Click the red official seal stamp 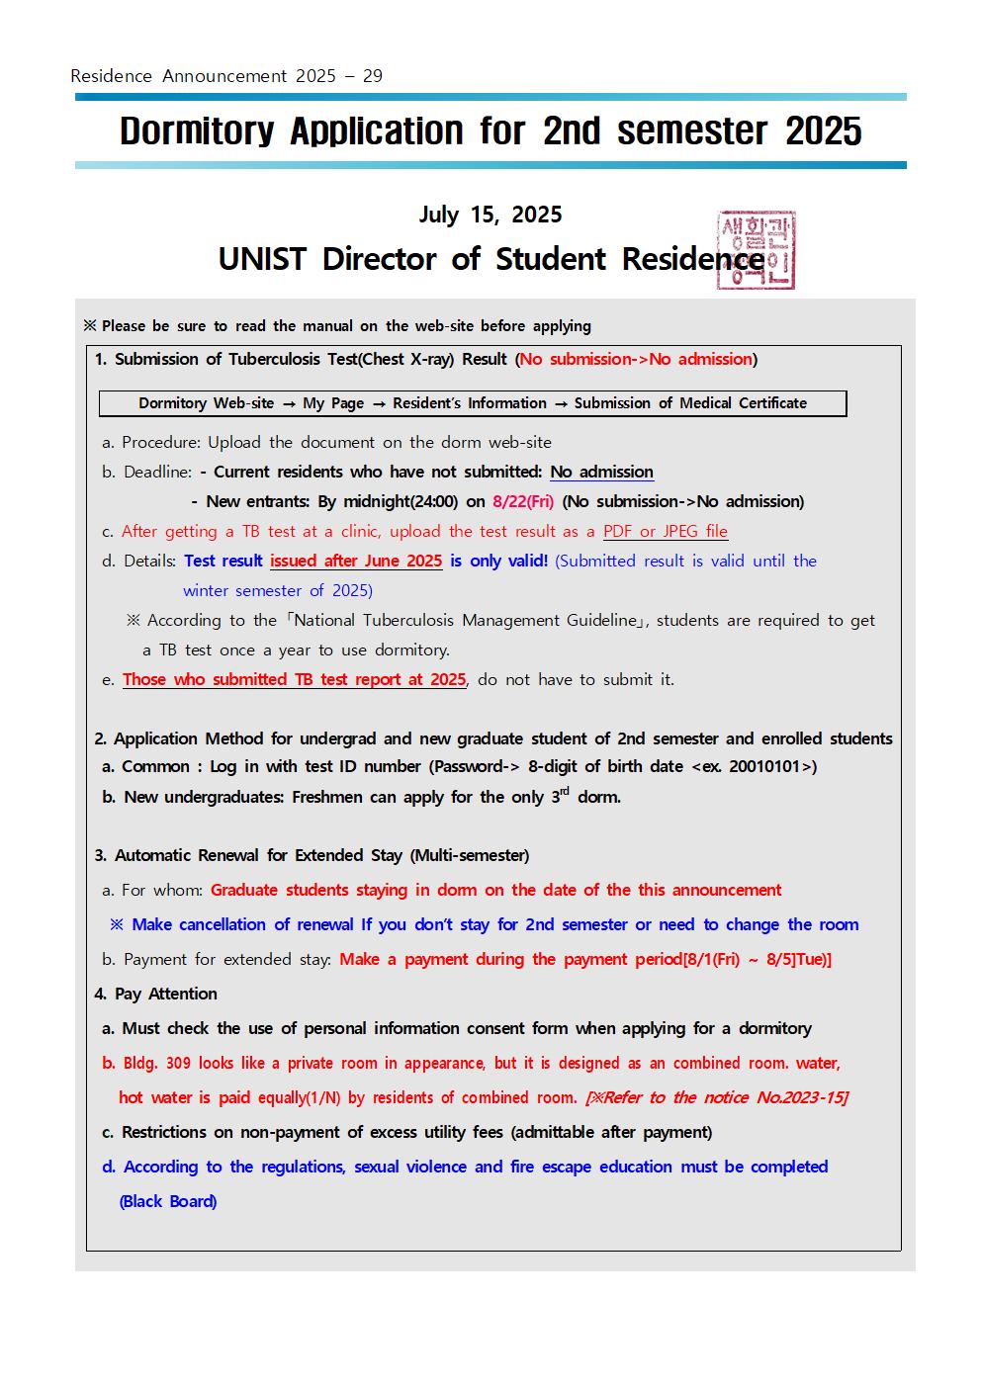756,250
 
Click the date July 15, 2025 490,215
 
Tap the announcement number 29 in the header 373,76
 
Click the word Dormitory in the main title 197,131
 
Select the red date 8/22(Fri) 523,501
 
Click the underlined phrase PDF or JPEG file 665,531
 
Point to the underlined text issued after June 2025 356,561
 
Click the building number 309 178,1063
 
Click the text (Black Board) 168,1201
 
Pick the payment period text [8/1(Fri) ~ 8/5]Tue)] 758,959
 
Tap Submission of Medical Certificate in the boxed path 690,403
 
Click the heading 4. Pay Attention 156,994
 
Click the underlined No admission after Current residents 601,472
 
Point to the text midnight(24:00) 400,501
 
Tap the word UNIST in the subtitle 262,259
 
